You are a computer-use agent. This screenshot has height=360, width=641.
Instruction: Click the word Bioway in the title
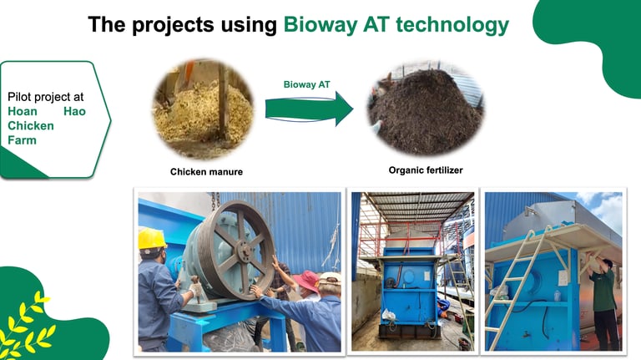[x=320, y=24]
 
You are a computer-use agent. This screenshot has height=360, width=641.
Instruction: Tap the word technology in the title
[x=452, y=24]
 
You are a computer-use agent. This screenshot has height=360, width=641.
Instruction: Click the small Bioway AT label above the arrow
[x=306, y=84]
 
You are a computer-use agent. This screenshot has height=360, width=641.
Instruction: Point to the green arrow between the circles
[x=309, y=109]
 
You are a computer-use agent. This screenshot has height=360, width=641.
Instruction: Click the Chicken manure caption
[x=206, y=172]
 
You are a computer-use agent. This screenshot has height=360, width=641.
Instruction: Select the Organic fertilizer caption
[x=426, y=170]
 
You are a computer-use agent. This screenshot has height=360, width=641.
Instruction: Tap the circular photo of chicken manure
[x=203, y=109]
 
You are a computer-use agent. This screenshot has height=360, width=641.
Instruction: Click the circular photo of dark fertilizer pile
[x=426, y=108]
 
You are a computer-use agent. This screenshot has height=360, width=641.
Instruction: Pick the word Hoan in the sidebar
[x=23, y=111]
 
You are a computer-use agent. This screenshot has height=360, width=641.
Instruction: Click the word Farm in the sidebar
[x=22, y=140]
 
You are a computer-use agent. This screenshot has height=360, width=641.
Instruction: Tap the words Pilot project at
[x=45, y=97]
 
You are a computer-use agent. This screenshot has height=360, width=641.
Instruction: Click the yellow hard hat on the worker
[x=152, y=239]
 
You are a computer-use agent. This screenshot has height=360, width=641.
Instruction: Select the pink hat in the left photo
[x=306, y=281]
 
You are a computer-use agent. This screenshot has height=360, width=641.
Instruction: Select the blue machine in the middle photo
[x=409, y=292]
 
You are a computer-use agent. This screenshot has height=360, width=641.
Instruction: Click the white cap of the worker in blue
[x=331, y=278]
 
